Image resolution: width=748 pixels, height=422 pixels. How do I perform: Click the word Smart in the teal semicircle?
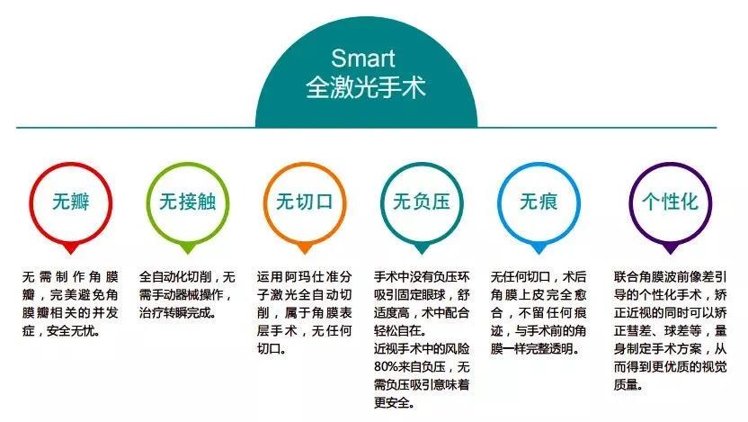pyautogui.click(x=363, y=58)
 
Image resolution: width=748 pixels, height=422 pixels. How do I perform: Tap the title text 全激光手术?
pyautogui.click(x=365, y=87)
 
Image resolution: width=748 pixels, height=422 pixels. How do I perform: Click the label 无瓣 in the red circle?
pyautogui.click(x=71, y=202)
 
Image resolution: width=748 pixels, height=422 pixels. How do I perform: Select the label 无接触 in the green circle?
pyautogui.click(x=188, y=202)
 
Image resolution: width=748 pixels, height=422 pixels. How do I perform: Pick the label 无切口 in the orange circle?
pyautogui.click(x=305, y=202)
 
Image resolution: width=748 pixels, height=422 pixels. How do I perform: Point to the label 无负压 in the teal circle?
pyautogui.click(x=422, y=202)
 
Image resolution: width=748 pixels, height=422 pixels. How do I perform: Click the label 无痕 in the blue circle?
pyautogui.click(x=539, y=202)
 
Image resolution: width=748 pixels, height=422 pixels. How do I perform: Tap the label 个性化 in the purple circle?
pyautogui.click(x=671, y=202)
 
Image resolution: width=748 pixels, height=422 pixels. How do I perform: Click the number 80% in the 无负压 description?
pyautogui.click(x=386, y=367)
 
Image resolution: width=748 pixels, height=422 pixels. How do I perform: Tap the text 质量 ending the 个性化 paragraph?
pyautogui.click(x=626, y=385)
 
